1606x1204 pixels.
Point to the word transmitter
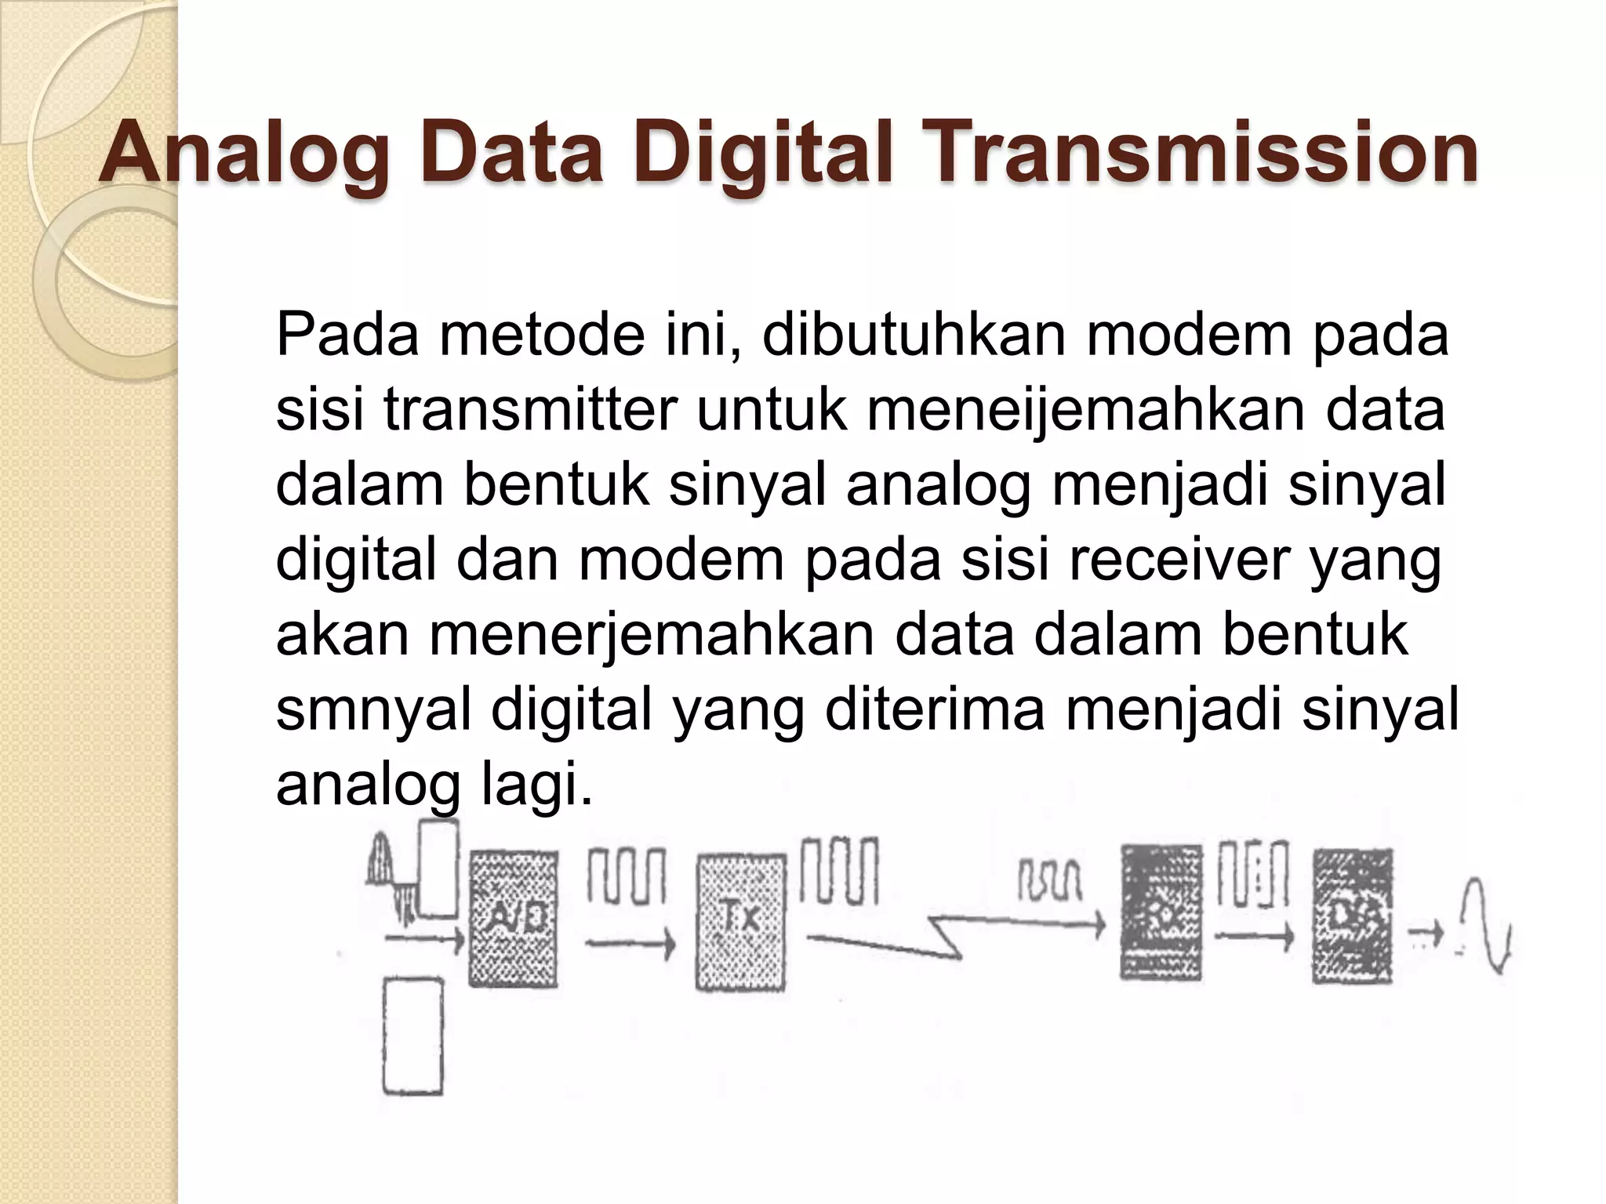(x=530, y=410)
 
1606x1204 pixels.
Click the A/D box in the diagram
(x=514, y=919)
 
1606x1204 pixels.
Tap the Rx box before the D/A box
(x=1161, y=912)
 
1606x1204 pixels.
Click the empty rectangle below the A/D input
(x=412, y=1035)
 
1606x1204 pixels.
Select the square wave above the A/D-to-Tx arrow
(x=626, y=874)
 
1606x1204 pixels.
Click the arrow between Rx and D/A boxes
(x=1253, y=936)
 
